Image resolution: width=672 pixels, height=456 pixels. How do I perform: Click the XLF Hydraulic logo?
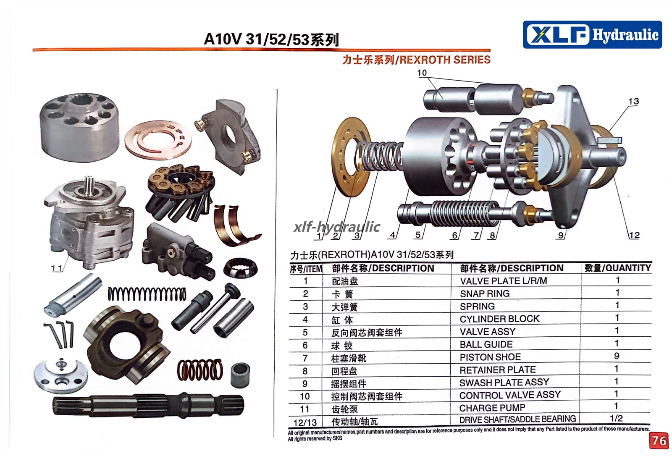[592, 34]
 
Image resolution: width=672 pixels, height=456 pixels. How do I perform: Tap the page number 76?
[659, 441]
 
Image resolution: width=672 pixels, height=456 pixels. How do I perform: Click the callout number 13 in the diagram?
[633, 101]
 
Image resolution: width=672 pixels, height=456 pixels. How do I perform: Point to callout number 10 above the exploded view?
[422, 73]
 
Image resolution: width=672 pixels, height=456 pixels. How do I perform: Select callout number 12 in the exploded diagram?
[634, 235]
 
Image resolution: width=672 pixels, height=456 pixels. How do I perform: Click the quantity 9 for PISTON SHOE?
[617, 356]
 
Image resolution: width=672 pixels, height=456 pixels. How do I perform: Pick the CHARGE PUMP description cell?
[492, 408]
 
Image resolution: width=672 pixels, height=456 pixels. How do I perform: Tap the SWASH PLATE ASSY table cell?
[504, 382]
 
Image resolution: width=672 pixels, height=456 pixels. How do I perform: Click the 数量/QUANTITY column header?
[618, 268]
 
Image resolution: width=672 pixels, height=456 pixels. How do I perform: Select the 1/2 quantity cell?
[616, 418]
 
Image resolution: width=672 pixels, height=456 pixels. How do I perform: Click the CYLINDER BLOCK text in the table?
[499, 319]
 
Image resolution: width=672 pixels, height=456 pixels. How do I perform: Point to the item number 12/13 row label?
[305, 422]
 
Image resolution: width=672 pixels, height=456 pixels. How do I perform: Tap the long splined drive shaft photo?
[149, 405]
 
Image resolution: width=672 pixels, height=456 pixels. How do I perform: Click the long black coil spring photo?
[147, 294]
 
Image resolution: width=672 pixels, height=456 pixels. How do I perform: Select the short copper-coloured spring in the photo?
[200, 370]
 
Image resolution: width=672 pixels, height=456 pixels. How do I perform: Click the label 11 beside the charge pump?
[56, 268]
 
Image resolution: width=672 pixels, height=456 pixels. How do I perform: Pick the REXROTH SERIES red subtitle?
[416, 60]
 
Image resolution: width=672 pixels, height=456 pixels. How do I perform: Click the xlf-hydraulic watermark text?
[337, 226]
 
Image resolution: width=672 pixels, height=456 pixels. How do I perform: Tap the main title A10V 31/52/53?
[271, 39]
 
